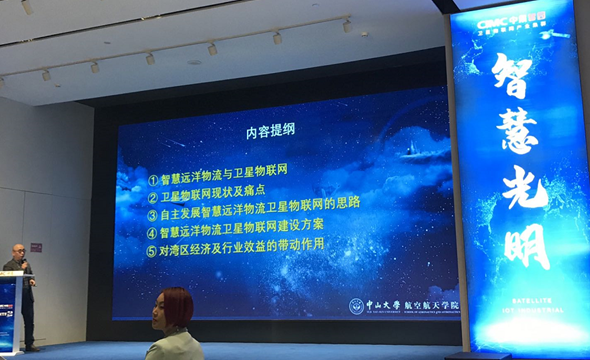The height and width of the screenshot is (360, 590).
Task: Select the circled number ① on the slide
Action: (153, 181)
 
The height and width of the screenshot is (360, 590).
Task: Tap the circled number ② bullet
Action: (153, 197)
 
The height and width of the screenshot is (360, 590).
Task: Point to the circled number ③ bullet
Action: (153, 213)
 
